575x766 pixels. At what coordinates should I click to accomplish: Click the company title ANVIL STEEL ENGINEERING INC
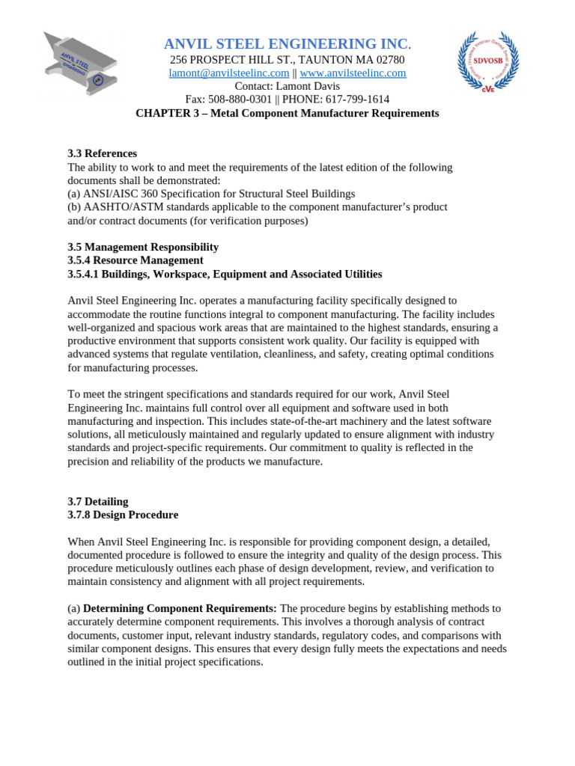(286, 44)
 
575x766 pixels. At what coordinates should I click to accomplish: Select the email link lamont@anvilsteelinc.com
(228, 73)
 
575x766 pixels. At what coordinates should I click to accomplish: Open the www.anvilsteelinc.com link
(353, 73)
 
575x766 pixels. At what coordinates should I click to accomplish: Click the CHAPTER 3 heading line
(287, 113)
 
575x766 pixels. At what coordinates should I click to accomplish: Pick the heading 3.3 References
(103, 153)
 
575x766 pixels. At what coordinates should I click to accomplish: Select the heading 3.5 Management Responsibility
(143, 247)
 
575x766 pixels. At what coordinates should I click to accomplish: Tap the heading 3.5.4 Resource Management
(136, 260)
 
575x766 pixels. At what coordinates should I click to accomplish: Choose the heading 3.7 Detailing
(98, 501)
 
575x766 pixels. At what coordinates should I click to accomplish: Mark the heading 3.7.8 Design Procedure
(123, 515)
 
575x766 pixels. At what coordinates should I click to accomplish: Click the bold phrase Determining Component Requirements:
(180, 608)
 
